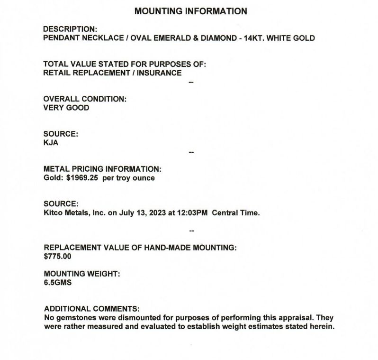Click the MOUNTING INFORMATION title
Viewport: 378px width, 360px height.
click(190, 11)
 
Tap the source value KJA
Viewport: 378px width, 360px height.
click(51, 142)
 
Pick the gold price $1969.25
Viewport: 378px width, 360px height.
click(81, 178)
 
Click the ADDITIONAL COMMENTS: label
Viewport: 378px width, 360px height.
click(91, 308)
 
